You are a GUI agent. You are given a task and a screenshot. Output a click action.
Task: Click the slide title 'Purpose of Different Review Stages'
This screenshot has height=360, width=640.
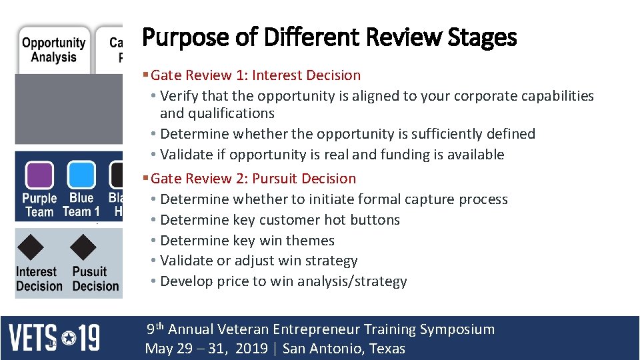coord(329,37)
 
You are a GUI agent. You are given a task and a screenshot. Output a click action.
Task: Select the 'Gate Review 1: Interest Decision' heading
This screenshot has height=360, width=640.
coord(256,75)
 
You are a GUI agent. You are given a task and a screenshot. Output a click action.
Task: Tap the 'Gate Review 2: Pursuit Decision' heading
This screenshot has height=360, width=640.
coord(253,179)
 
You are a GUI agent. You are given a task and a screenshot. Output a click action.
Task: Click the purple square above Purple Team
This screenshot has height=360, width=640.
coord(39,175)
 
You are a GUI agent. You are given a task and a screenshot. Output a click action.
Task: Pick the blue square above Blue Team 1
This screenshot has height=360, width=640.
coord(81,175)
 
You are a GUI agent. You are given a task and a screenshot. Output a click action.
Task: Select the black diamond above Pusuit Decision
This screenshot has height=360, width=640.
coord(83,247)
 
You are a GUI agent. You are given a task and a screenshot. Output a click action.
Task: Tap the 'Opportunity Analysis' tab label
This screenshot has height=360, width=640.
coord(53,50)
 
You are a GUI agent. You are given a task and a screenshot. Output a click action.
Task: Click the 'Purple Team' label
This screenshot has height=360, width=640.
coord(39,205)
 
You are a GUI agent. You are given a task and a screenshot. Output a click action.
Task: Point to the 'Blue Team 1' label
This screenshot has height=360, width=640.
coord(81,205)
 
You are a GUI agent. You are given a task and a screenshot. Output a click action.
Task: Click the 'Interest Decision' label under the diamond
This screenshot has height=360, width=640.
coord(39,279)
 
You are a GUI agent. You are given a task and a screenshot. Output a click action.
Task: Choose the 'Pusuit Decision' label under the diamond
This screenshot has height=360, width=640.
coord(95,279)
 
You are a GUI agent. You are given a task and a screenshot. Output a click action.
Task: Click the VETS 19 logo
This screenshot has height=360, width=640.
coord(54,337)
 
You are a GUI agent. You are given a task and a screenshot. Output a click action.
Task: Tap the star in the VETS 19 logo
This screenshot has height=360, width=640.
coord(68,338)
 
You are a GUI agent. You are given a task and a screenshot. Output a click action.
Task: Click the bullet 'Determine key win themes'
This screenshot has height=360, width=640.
coord(247,241)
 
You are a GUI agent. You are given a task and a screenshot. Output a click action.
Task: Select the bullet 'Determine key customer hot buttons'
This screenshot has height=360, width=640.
coord(280,220)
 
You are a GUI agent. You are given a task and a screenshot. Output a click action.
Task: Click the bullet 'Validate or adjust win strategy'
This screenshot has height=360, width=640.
coord(259,261)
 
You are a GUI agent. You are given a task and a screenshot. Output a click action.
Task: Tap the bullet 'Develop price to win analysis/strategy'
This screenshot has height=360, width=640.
coord(283,281)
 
